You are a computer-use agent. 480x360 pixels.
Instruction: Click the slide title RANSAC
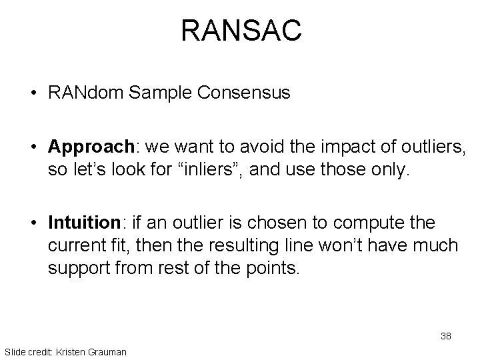pos(241,31)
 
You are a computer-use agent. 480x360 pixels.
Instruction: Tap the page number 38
pos(445,336)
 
